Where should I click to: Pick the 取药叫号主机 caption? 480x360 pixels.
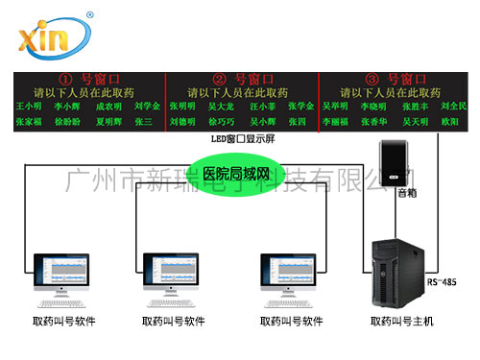click(x=400, y=322)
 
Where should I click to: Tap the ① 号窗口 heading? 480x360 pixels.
click(x=86, y=79)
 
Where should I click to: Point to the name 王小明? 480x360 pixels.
click(x=30, y=107)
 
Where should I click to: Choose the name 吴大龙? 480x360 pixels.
click(x=222, y=107)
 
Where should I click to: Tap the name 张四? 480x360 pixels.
click(x=297, y=123)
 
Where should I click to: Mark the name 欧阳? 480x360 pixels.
click(x=448, y=123)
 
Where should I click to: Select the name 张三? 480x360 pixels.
click(x=144, y=123)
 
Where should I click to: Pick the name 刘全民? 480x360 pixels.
click(x=453, y=107)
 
